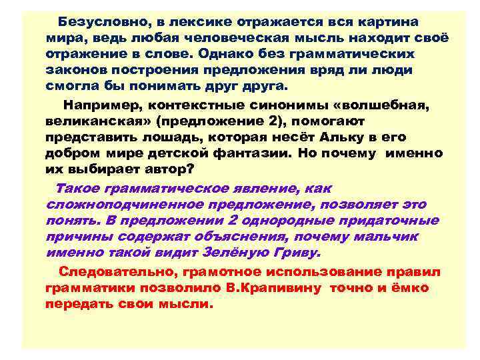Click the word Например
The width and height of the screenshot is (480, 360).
pyautogui.click(x=103, y=105)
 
